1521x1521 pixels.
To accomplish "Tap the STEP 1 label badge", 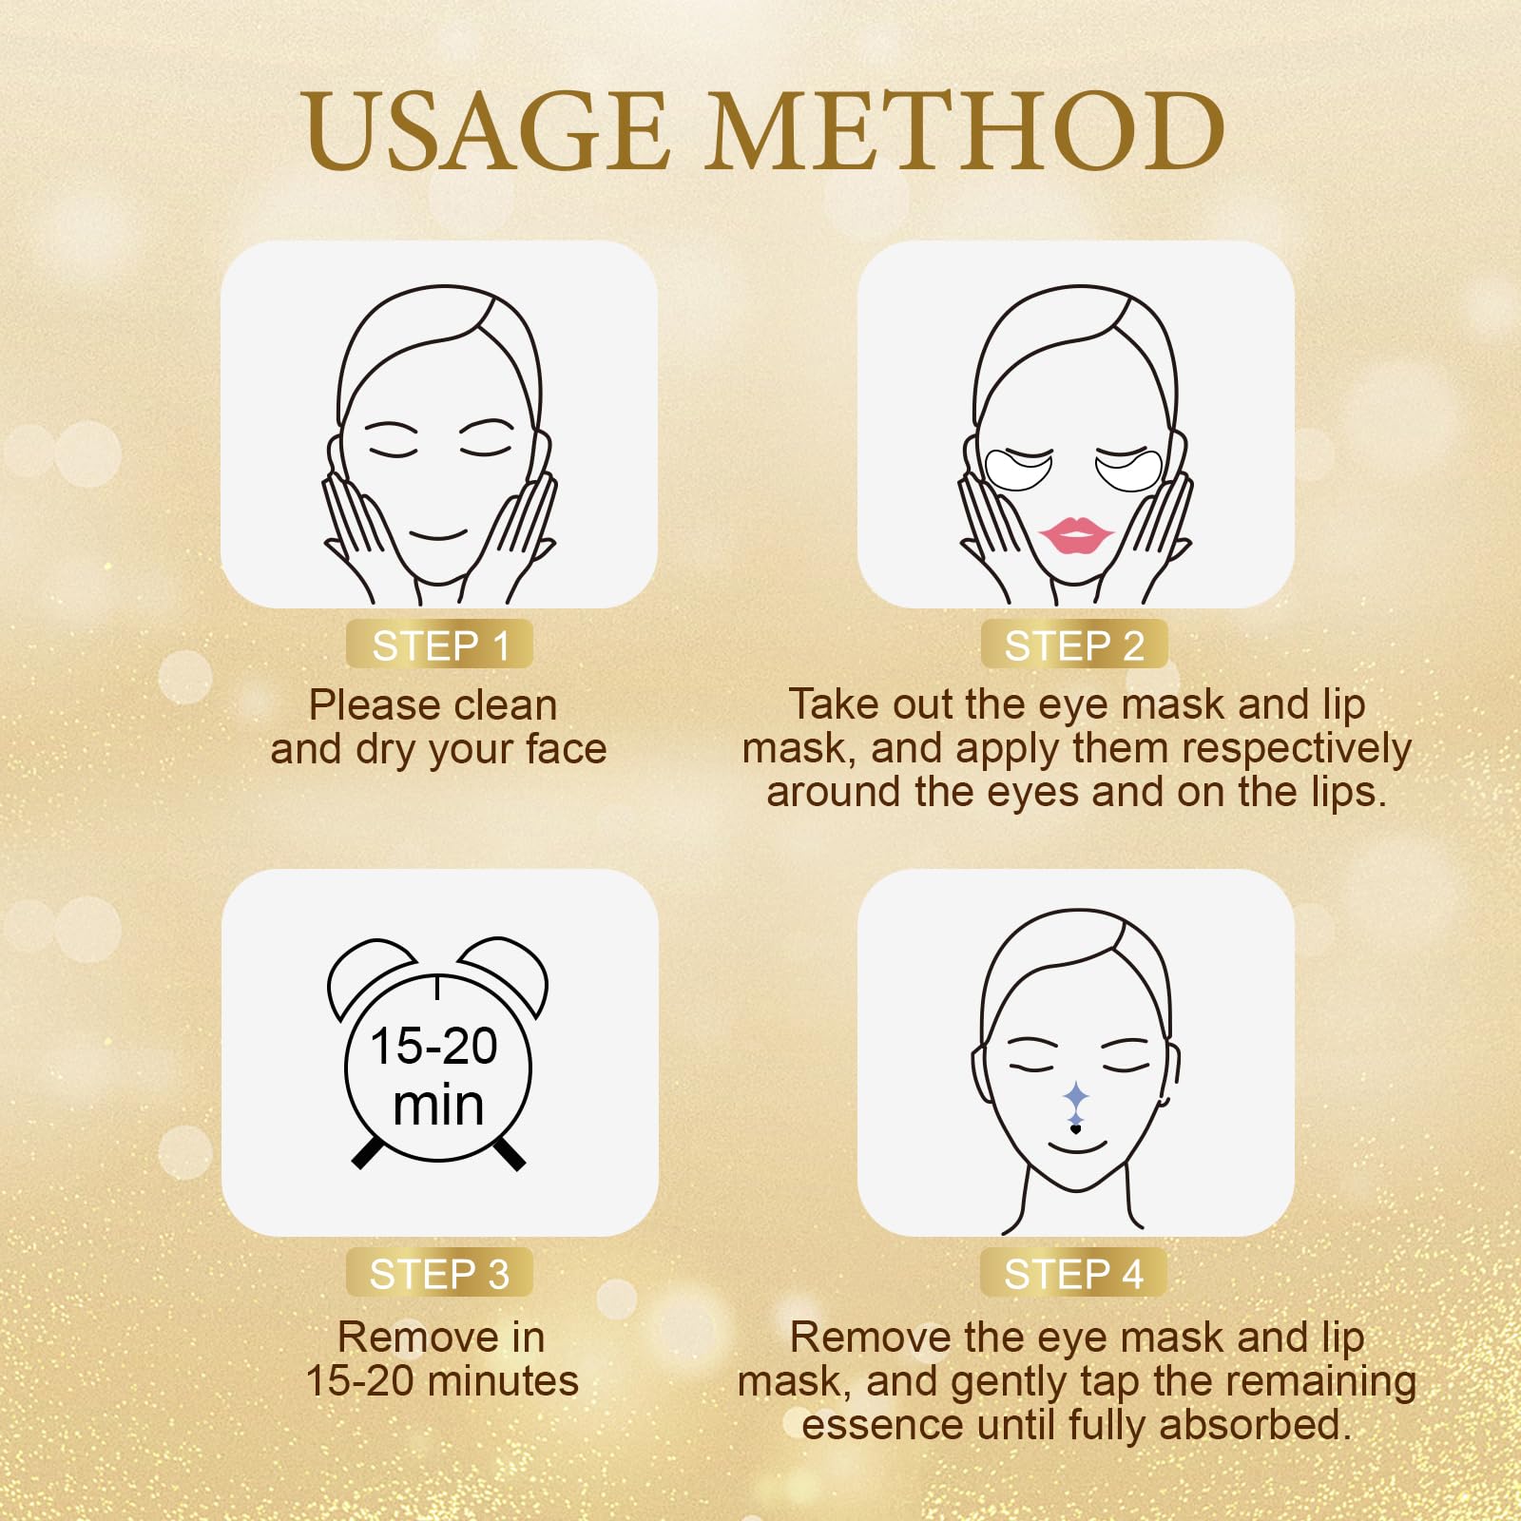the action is tap(439, 645).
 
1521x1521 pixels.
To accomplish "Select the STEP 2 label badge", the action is tap(1073, 645).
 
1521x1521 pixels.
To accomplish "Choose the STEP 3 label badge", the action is tap(439, 1274).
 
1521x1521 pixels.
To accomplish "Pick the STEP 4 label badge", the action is tap(1073, 1274).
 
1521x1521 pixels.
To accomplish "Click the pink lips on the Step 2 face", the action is tap(1074, 535).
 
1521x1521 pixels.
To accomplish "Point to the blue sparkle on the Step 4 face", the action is tap(1075, 1099).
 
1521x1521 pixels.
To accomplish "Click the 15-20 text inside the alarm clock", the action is tap(433, 1046).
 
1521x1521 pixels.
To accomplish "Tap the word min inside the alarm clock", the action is tap(438, 1106).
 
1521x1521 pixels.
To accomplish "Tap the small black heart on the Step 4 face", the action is tap(1075, 1129).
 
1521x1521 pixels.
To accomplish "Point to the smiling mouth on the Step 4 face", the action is tap(1077, 1146).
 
